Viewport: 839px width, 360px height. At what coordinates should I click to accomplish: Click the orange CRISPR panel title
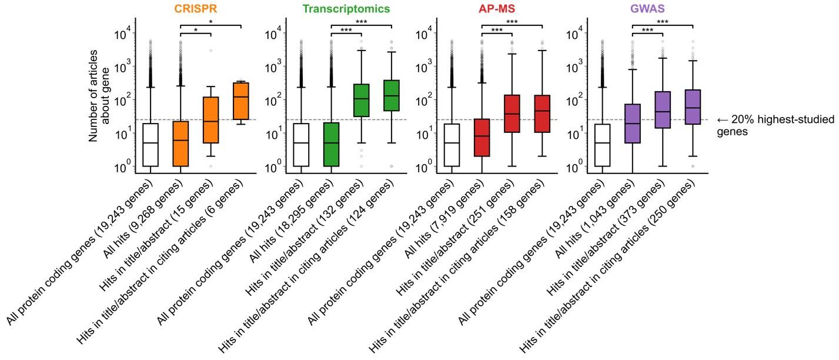[196, 9]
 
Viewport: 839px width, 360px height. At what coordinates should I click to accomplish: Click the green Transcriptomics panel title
[346, 9]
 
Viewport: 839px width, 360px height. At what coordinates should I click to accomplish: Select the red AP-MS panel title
[497, 9]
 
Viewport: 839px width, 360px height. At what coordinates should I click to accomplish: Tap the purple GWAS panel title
[647, 9]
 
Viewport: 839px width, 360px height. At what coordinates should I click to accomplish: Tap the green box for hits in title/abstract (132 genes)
[362, 100]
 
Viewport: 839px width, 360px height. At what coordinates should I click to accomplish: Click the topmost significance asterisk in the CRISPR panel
[210, 22]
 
